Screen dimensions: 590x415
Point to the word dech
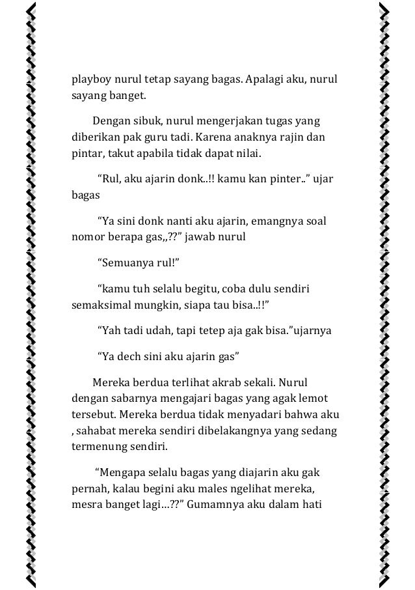click(x=130, y=356)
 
